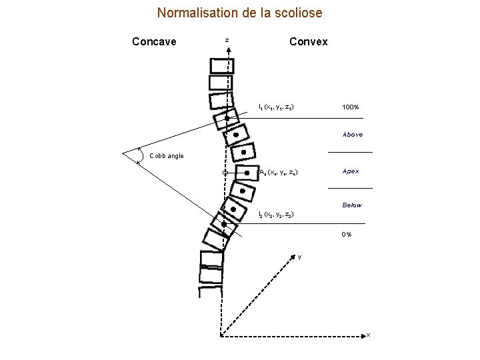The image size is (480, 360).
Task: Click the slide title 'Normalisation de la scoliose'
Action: pos(239,13)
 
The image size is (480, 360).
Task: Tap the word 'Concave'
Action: pos(154,42)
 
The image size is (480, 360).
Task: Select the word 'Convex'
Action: pos(308,42)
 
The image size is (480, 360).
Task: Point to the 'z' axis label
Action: pos(227,41)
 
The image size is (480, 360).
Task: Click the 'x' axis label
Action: pos(368,335)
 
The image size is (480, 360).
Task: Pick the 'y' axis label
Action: pos(299,257)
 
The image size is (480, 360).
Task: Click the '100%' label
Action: pos(351,107)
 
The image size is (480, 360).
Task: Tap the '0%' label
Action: pos(347,235)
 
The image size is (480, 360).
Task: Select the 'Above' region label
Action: pos(353,135)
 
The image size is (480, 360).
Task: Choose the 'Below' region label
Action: pos(352,205)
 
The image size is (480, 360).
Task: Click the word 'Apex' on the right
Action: pos(351,171)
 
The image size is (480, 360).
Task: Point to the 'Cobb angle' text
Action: pos(167,156)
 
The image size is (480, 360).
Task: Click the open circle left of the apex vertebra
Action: pos(225,173)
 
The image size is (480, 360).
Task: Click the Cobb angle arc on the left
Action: pos(139,155)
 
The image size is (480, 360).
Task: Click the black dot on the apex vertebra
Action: pos(247,173)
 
